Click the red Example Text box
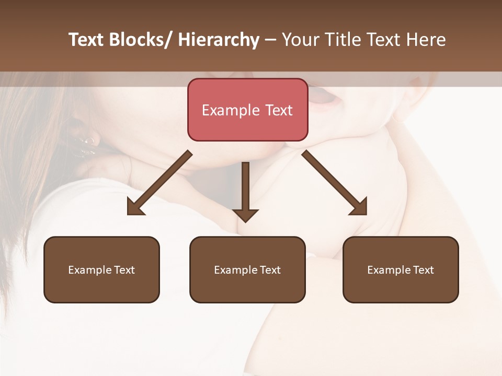(x=247, y=110)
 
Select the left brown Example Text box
(x=101, y=269)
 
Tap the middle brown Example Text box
(x=247, y=269)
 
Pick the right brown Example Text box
(x=401, y=269)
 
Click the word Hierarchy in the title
(x=219, y=40)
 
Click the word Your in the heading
(x=301, y=40)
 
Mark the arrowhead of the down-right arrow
(x=359, y=207)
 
